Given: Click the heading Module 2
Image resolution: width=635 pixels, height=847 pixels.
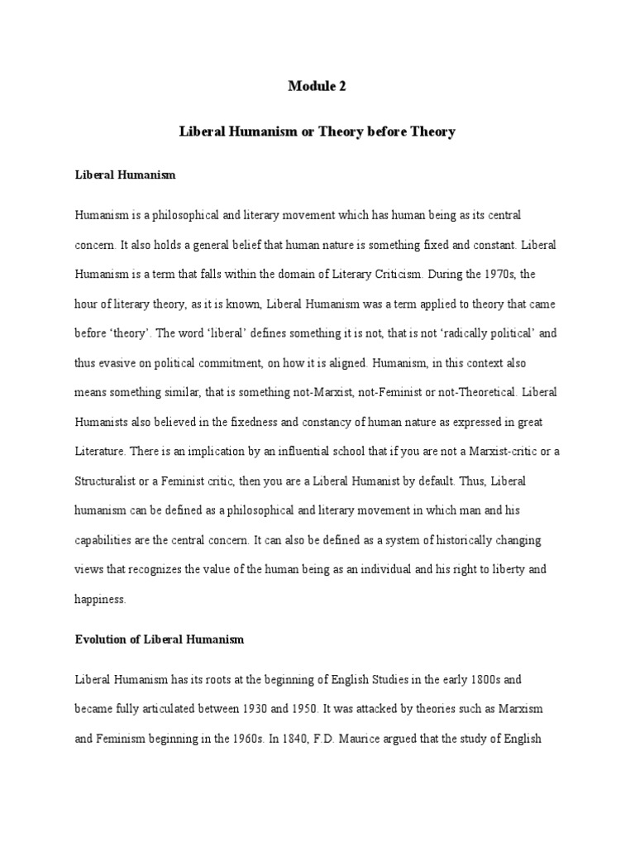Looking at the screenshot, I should (317, 85).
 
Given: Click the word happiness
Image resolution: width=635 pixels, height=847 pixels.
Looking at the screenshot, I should (99, 601).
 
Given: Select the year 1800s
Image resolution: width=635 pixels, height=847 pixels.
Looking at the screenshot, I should (499, 679).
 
